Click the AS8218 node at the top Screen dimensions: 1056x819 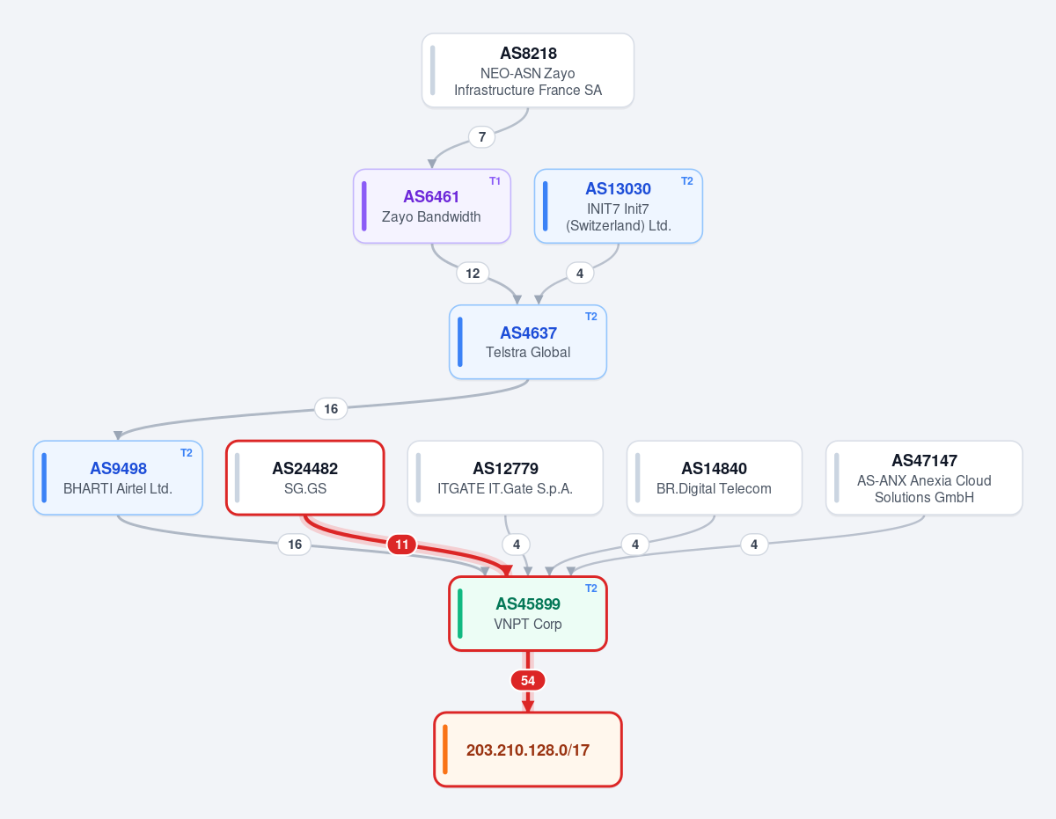tap(528, 70)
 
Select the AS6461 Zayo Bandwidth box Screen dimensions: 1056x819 tap(431, 206)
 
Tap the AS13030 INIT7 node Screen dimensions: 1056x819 tap(618, 206)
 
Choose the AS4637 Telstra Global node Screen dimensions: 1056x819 tap(528, 342)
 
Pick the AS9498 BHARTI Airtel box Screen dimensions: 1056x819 tap(118, 478)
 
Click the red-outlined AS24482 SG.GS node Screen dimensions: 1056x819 tap(305, 478)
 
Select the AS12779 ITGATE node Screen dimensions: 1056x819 tap(505, 478)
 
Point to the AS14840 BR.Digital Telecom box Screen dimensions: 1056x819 tap(715, 478)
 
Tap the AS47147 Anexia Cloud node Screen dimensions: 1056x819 tap(924, 478)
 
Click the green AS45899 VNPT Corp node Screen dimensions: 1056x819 tap(528, 613)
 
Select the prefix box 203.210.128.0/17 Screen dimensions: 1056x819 tap(528, 750)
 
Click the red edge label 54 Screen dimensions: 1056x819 tap(528, 681)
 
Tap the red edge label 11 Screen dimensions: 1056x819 tap(402, 545)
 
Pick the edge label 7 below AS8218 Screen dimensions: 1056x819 tap(481, 137)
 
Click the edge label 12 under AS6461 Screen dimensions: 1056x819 tap(473, 273)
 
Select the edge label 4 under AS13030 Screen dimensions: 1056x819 tap(580, 273)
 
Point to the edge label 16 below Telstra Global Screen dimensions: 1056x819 tap(331, 409)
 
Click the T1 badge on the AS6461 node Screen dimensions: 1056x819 tap(495, 181)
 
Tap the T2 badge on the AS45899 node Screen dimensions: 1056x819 tap(591, 589)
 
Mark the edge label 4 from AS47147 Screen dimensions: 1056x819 tap(754, 545)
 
